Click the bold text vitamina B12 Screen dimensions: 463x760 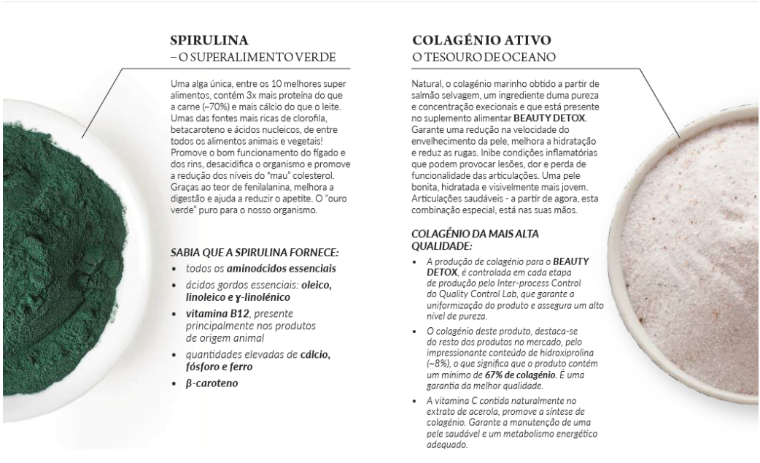pos(210,313)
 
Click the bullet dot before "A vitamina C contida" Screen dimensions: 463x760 pos(415,402)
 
